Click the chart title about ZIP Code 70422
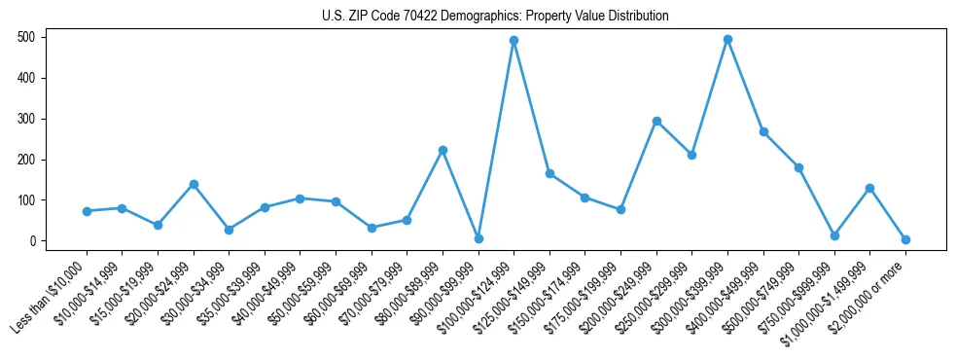click(x=495, y=16)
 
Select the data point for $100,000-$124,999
click(x=513, y=41)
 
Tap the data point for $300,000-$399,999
click(x=727, y=40)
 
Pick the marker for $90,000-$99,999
click(x=478, y=238)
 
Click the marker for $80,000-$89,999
click(x=443, y=151)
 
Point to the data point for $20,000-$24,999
click(x=194, y=184)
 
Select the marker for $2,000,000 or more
click(x=905, y=239)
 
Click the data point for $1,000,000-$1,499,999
click(x=869, y=188)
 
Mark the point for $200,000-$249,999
click(x=656, y=122)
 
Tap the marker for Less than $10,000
click(x=87, y=211)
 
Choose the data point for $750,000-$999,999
click(x=834, y=235)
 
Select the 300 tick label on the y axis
click(x=30, y=119)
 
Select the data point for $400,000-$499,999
click(x=763, y=132)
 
